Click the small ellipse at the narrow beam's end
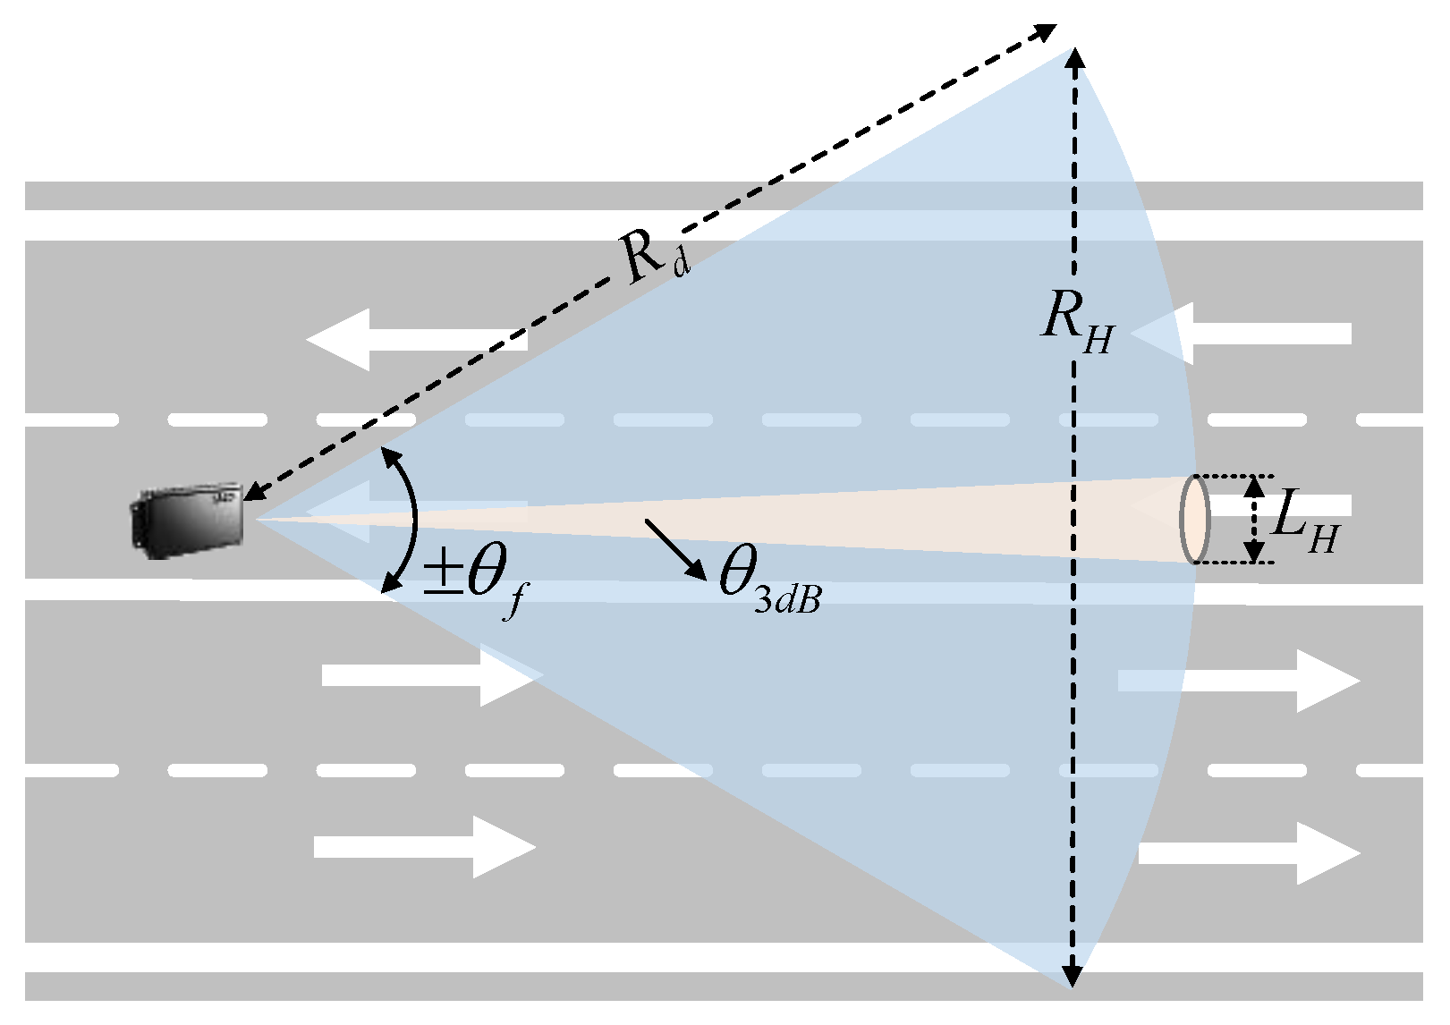1195,520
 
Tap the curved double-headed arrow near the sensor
408,520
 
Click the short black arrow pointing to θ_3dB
676,549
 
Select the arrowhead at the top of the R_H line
1073,59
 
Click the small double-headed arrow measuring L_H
1255,520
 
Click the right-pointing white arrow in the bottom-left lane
425,846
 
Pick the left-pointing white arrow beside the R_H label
1243,334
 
